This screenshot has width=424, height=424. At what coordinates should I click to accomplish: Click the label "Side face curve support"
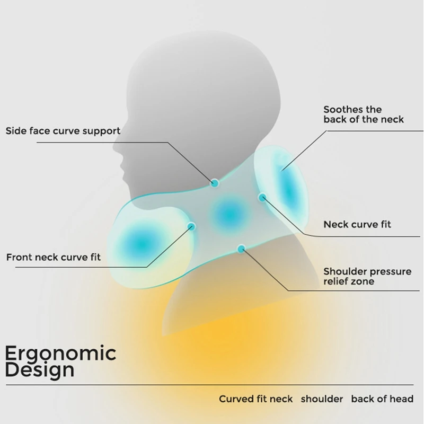[63, 130]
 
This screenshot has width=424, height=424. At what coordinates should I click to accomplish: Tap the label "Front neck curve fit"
[53, 258]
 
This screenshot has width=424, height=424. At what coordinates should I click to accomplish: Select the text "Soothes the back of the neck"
[364, 114]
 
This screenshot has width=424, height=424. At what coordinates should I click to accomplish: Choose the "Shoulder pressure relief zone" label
[367, 276]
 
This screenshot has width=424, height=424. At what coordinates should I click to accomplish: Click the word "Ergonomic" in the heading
[60, 352]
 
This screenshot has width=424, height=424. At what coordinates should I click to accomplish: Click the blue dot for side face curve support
[215, 183]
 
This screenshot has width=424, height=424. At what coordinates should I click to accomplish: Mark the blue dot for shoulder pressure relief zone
[242, 248]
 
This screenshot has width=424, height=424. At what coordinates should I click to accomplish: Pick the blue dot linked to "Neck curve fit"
[262, 197]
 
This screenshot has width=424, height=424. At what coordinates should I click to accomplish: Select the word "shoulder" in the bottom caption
[323, 399]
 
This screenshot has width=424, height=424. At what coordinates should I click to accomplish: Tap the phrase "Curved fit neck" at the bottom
[255, 399]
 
